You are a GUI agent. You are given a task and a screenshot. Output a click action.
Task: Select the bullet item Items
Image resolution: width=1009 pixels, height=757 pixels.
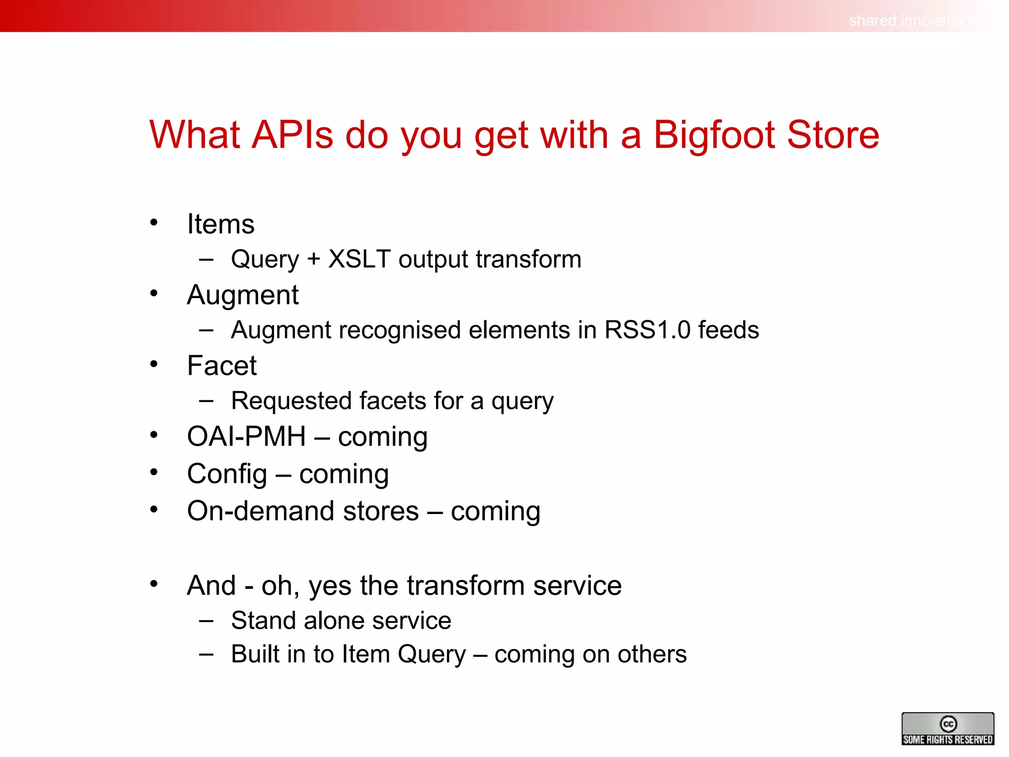point(221,224)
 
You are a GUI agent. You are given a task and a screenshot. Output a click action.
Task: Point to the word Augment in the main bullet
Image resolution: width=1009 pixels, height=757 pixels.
point(242,295)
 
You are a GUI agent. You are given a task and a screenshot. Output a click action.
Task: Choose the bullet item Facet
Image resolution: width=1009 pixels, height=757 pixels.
point(222,366)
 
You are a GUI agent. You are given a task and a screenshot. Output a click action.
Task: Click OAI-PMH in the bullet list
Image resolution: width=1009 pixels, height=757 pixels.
point(246,437)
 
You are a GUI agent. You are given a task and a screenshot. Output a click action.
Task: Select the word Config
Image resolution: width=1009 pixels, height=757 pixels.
point(227,474)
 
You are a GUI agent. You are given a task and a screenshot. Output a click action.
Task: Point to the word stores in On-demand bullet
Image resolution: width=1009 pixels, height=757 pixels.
point(381,511)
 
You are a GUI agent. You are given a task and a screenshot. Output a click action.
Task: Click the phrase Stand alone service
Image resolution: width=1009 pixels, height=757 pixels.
point(341,620)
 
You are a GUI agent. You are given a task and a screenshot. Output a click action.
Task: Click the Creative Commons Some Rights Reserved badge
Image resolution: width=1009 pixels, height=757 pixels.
point(947,728)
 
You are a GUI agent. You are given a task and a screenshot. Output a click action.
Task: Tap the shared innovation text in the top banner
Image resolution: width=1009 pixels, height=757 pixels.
point(909,21)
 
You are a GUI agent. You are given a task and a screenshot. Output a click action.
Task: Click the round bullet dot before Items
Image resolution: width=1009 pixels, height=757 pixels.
point(154,223)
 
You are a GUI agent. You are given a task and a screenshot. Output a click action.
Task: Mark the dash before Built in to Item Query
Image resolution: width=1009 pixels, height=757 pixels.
point(206,654)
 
